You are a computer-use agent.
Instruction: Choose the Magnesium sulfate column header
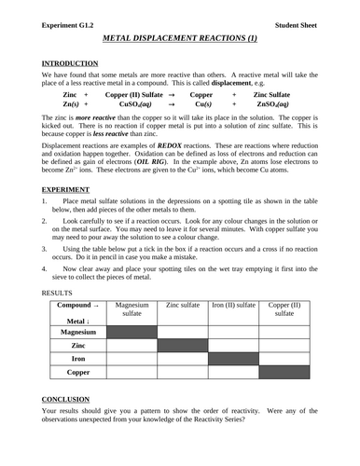[131, 309]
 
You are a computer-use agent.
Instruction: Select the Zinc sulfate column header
[182, 305]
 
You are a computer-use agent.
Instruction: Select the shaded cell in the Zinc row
[182, 345]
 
